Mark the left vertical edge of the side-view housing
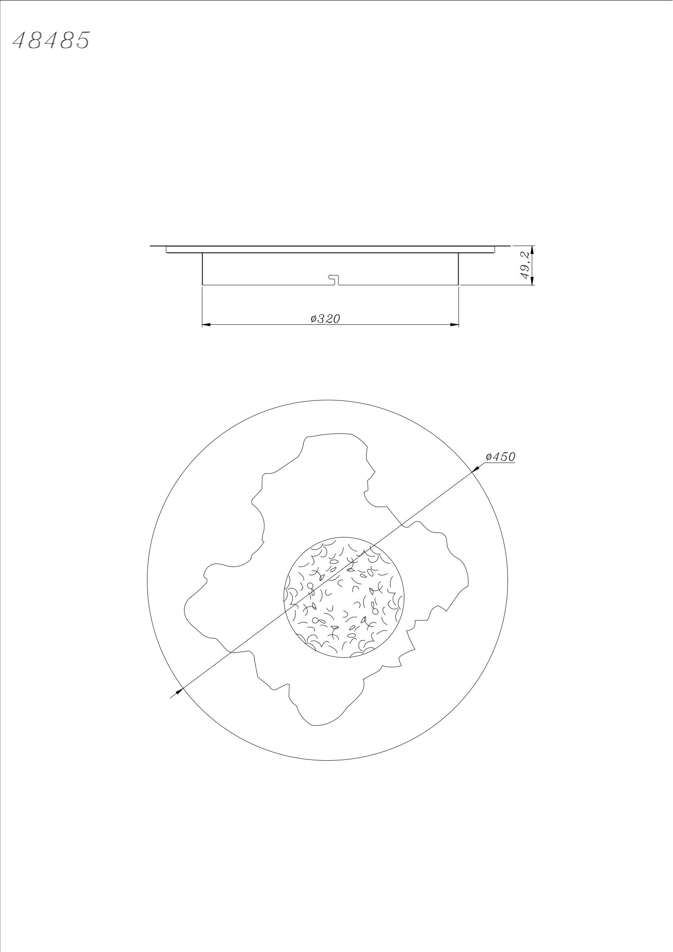pyautogui.click(x=202, y=269)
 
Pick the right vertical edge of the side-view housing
pyautogui.click(x=458, y=269)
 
